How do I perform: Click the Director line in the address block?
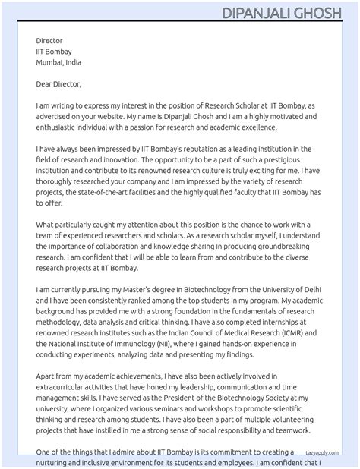[x=49, y=41]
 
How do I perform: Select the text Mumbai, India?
[x=58, y=62]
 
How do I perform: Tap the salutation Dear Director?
[x=58, y=83]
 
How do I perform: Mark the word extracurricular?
[x=65, y=386]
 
